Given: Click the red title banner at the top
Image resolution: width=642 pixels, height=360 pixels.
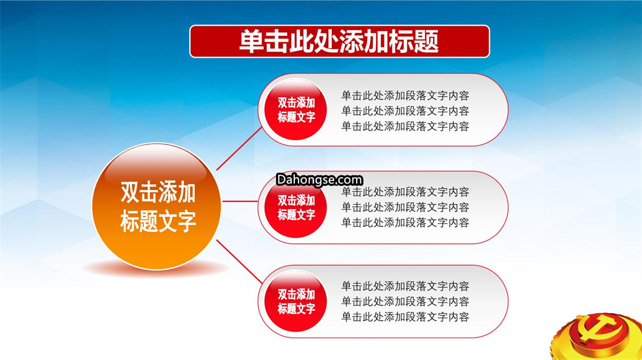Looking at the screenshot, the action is click(x=339, y=42).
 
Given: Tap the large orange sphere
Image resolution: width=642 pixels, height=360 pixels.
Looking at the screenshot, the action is click(x=156, y=206).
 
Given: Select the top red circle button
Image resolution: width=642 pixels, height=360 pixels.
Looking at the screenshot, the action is click(x=295, y=110).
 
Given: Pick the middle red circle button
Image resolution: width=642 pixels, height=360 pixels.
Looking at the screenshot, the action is click(x=295, y=208).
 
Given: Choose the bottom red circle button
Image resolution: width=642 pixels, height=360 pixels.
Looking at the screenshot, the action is click(x=295, y=301).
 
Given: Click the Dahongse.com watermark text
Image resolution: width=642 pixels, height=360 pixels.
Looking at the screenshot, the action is click(x=319, y=180).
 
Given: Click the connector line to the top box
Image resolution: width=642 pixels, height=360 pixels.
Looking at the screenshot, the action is click(x=239, y=149).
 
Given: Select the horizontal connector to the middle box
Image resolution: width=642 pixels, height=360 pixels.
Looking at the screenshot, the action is click(x=240, y=201).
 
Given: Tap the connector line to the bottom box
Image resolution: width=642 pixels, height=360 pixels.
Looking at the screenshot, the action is click(x=239, y=261).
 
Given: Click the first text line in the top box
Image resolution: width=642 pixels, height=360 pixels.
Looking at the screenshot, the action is click(x=405, y=96).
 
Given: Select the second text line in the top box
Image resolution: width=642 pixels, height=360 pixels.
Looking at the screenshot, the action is click(x=405, y=111).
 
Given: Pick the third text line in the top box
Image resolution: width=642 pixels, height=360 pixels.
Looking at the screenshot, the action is click(x=405, y=127).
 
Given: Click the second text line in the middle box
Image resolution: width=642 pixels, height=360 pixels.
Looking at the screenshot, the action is click(x=405, y=207).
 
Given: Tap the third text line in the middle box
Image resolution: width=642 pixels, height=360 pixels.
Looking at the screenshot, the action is click(x=405, y=223).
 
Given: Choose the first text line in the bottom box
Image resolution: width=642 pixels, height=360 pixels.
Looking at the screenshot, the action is click(x=405, y=286).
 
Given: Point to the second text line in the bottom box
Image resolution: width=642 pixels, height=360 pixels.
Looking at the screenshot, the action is click(x=405, y=302).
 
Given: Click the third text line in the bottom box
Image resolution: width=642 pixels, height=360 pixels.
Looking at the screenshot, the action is click(x=405, y=317).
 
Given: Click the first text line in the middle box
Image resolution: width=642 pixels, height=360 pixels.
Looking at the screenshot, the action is click(x=405, y=192).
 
